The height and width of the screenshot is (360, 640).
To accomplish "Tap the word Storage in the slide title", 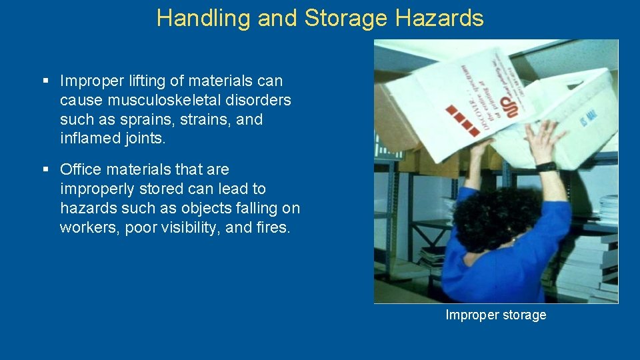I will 345,18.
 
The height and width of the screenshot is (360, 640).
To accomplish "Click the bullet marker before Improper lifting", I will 46,81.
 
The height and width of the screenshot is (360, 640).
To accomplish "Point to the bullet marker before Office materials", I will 46,169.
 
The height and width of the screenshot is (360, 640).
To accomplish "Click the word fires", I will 272,227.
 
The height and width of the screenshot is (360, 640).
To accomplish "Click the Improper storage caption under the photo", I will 495,315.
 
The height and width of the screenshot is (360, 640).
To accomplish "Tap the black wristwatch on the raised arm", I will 546,167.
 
